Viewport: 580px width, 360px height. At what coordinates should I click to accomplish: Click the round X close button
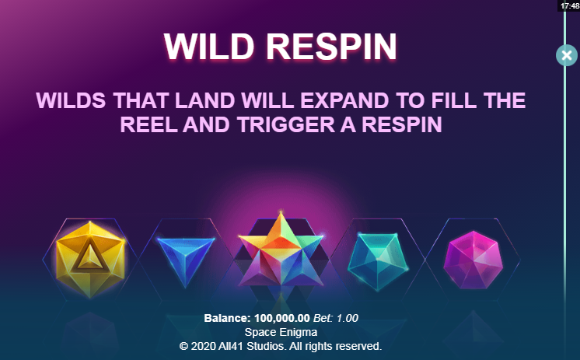pos(566,55)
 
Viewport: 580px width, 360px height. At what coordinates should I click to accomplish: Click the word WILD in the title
pos(209,47)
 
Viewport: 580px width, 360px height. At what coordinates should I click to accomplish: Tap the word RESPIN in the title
pos(331,47)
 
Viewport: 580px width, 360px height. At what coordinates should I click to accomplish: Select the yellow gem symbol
pos(90,259)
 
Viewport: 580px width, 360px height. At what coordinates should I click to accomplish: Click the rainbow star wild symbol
pos(281,252)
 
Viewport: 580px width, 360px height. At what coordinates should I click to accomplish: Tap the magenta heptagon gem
pos(473,260)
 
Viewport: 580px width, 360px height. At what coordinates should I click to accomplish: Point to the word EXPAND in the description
pos(344,100)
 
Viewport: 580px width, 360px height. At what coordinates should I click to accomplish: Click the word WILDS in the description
pos(71,100)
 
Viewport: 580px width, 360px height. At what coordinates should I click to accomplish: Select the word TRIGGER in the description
pos(286,124)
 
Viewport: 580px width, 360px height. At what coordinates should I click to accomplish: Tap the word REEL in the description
pos(148,124)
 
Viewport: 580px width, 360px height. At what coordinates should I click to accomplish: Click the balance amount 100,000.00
pos(282,318)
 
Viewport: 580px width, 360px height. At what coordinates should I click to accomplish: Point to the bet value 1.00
pos(348,318)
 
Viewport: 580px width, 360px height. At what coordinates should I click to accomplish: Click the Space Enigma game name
pos(281,332)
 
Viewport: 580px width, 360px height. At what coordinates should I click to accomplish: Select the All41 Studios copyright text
pos(281,346)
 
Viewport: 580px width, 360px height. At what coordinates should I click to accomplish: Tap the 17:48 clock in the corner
pos(570,5)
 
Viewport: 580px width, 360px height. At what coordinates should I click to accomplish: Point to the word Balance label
pos(228,318)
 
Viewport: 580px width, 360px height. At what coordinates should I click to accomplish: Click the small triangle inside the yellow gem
pos(90,257)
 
